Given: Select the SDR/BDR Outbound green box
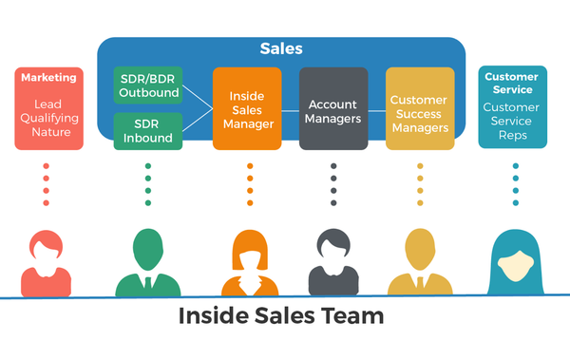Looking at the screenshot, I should click(x=147, y=85).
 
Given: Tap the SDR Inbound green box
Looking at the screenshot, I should click(x=147, y=131).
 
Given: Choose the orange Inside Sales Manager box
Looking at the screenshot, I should click(x=246, y=108).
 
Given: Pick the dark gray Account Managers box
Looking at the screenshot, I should click(x=333, y=108).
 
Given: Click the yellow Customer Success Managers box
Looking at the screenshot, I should click(x=420, y=108).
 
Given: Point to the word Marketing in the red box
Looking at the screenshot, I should click(x=48, y=77).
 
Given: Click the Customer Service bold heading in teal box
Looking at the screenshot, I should click(x=511, y=83).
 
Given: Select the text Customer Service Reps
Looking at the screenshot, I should click(x=511, y=122).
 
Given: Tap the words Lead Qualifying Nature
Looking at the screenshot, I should click(x=48, y=119).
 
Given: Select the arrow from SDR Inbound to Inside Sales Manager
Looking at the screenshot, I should click(x=197, y=121).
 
